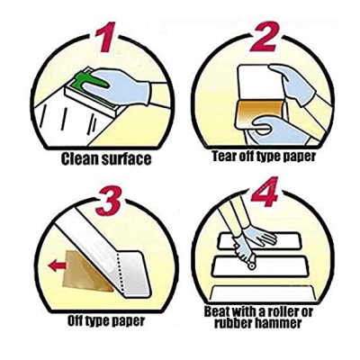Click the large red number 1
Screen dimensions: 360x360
105,37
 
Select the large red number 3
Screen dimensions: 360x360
108,201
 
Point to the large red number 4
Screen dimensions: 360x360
265,192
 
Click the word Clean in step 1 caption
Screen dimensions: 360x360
79,158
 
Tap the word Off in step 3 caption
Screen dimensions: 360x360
75,321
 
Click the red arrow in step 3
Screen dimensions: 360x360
57,265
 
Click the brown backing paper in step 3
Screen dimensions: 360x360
87,272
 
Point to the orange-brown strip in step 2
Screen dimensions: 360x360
260,113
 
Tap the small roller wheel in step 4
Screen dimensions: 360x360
252,265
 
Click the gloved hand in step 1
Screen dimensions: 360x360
119,85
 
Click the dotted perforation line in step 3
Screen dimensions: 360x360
119,273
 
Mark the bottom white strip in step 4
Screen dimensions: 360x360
263,293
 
